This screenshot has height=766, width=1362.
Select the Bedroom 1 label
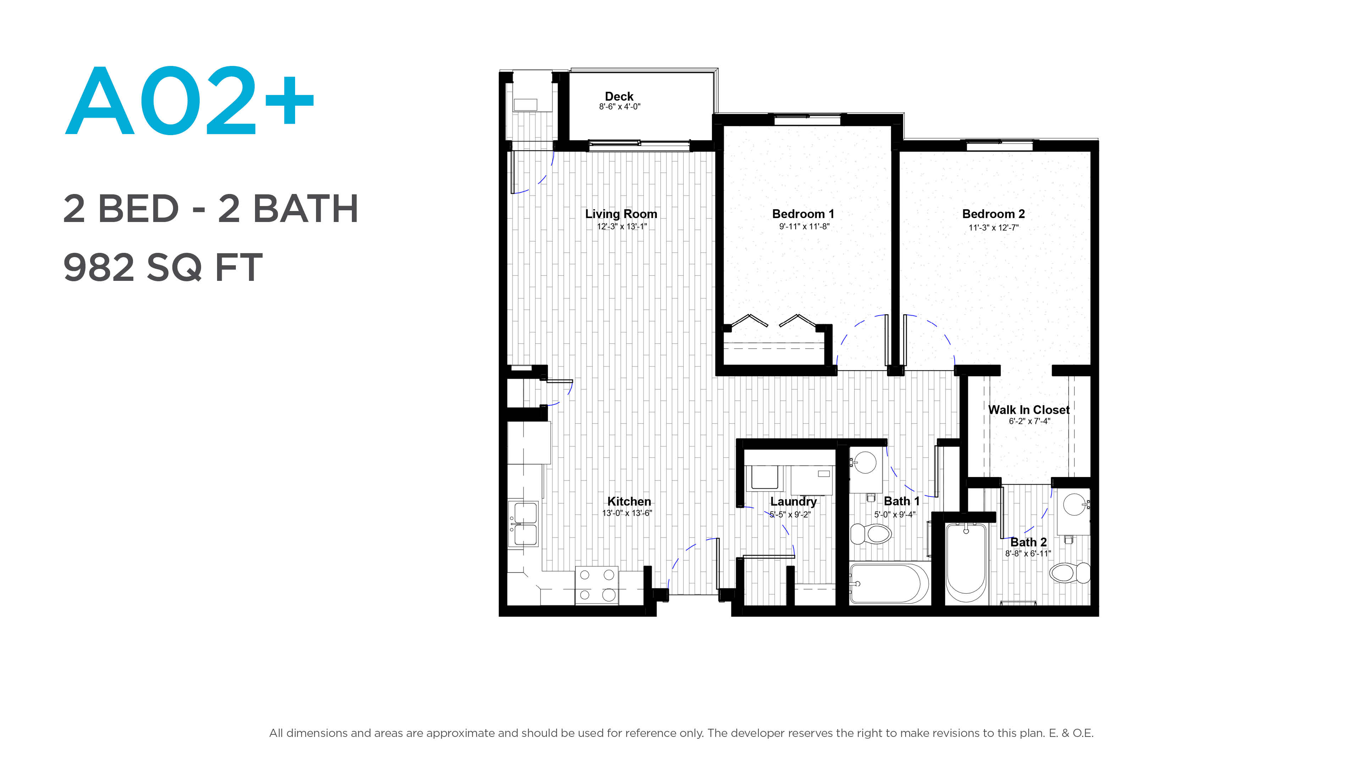click(803, 214)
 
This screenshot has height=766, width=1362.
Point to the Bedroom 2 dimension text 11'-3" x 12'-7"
click(993, 228)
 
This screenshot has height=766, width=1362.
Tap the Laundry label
click(793, 502)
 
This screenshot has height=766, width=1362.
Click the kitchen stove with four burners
click(596, 585)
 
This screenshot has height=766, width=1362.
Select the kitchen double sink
click(524, 524)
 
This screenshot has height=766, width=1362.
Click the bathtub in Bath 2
click(966, 563)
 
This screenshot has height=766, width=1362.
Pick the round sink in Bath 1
click(865, 462)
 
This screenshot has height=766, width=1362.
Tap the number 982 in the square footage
click(99, 267)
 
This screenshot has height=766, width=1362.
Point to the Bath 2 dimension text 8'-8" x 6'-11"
click(1028, 554)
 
